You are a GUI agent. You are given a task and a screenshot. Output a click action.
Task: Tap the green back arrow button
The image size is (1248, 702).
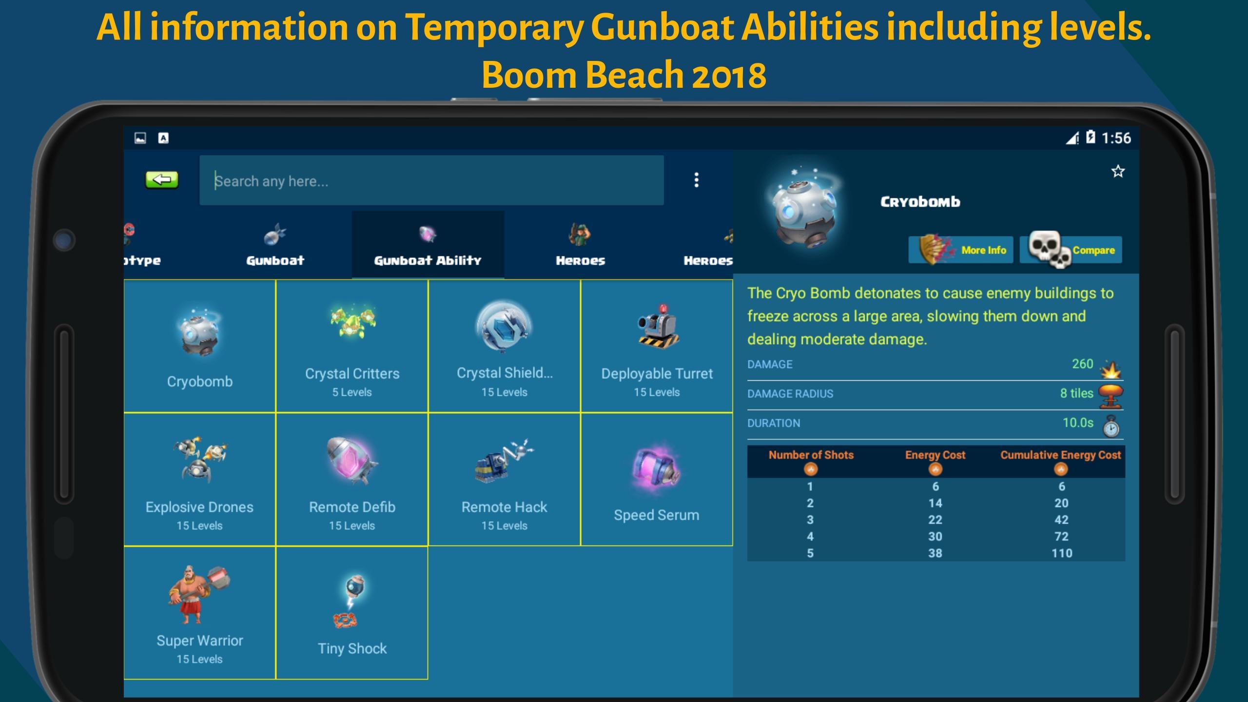pyautogui.click(x=162, y=180)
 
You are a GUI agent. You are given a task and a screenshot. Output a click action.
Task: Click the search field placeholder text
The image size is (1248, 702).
pyautogui.click(x=272, y=181)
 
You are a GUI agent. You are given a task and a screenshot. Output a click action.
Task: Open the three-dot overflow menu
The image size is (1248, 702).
pyautogui.click(x=696, y=180)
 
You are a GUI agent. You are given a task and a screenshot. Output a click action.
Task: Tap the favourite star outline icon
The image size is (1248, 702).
pyautogui.click(x=1118, y=171)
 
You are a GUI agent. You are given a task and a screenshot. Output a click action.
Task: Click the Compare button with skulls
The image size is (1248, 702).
pyautogui.click(x=1071, y=250)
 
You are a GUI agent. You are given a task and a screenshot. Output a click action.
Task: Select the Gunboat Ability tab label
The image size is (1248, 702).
pyautogui.click(x=428, y=261)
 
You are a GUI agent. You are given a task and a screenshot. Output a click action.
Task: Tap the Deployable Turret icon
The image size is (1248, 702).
pyautogui.click(x=658, y=327)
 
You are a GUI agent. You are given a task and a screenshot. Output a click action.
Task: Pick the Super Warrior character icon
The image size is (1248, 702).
pyautogui.click(x=199, y=594)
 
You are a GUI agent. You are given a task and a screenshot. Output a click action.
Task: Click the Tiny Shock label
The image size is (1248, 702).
pyautogui.click(x=352, y=648)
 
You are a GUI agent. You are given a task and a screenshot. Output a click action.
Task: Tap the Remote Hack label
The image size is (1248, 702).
pyautogui.click(x=504, y=507)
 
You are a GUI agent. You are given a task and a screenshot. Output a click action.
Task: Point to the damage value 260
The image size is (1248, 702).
pyautogui.click(x=1082, y=364)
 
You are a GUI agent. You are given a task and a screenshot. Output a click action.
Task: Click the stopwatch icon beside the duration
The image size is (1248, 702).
pyautogui.click(x=1111, y=426)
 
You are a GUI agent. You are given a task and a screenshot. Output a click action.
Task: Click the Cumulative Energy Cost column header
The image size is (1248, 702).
pyautogui.click(x=1061, y=455)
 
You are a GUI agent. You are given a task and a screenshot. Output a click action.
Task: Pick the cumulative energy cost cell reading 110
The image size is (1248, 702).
pyautogui.click(x=1062, y=553)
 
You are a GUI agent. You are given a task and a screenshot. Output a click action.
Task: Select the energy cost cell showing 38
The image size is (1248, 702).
pyautogui.click(x=935, y=553)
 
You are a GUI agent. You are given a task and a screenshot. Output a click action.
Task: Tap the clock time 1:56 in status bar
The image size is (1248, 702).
pyautogui.click(x=1116, y=138)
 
